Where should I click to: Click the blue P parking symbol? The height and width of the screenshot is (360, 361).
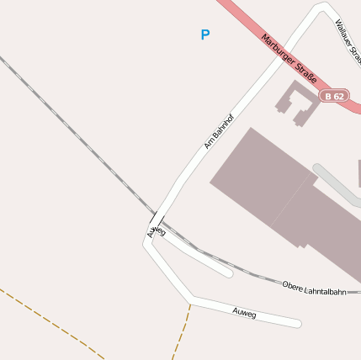(204, 34)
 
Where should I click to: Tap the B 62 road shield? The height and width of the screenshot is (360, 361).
(334, 96)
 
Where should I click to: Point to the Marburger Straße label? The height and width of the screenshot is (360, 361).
(289, 58)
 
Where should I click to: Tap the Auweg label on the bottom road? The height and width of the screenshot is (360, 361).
(244, 313)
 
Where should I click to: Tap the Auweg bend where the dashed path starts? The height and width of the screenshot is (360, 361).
(191, 300)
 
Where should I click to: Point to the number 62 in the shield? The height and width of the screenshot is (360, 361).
(338, 96)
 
